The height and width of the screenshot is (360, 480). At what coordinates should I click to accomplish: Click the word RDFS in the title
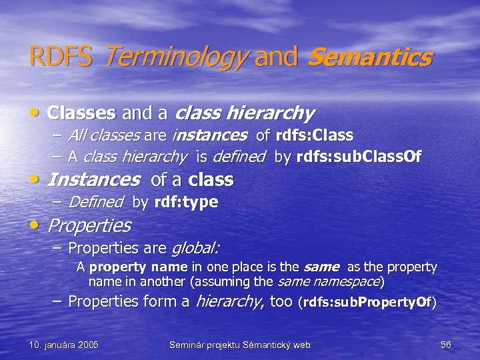[x=61, y=57]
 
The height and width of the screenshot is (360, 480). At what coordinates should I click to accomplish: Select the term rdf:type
[x=186, y=202]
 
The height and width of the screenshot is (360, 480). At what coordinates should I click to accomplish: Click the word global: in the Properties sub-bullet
[x=195, y=249]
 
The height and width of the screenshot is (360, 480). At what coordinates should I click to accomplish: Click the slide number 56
[x=446, y=345]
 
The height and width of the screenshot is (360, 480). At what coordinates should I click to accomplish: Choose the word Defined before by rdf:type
[x=96, y=202]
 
